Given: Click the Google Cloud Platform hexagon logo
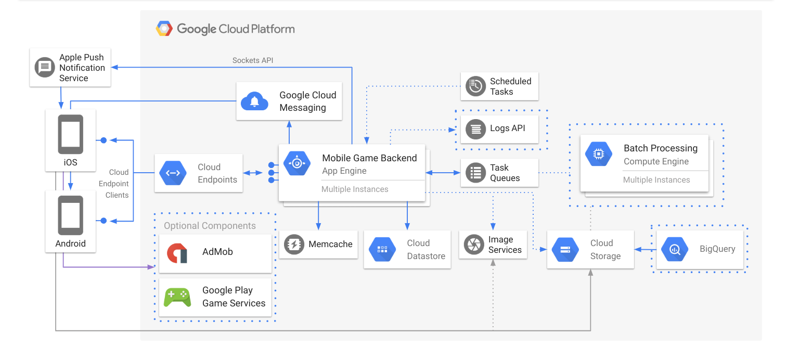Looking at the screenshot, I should pos(164,29).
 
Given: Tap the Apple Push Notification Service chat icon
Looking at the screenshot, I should pos(45,68).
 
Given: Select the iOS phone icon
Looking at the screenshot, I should pos(70,134).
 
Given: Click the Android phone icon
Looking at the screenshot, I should pos(70,215).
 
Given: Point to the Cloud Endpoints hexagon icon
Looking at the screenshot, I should pos(173,173).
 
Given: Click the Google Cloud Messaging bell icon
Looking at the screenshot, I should pos(254,101).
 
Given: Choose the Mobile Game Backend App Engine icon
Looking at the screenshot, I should pos(296,163).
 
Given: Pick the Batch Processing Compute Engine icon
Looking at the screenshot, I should pos(598,154).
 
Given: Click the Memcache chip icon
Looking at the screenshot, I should pos(294,244).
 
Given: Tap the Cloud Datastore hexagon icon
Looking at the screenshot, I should pos(382,249).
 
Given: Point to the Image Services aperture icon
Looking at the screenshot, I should pos(473,245).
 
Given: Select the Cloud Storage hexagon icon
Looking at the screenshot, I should pos(565,249).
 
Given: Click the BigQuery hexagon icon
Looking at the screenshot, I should pos(675,249).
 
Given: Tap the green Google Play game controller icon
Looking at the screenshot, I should pos(177,297).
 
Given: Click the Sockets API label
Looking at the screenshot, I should pos(252,60).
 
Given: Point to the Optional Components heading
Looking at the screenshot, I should pos(210,226).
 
